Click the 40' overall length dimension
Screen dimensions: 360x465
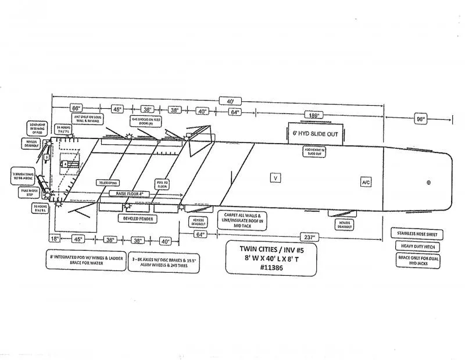click(x=231, y=101)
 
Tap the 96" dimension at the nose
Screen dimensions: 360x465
click(x=420, y=119)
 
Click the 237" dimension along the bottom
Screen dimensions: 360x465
click(x=309, y=237)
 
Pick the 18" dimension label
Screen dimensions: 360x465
click(x=54, y=238)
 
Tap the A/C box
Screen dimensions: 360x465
click(x=366, y=182)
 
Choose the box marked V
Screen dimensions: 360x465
click(x=276, y=177)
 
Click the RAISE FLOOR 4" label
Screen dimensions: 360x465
click(x=130, y=193)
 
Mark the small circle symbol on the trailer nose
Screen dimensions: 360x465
click(x=429, y=183)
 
